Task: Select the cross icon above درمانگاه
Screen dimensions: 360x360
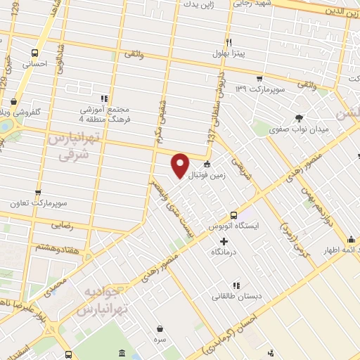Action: point(224,241)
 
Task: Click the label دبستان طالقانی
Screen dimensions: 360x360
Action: point(239,296)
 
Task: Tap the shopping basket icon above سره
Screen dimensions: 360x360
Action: point(161,327)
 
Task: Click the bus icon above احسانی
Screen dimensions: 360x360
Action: point(34,53)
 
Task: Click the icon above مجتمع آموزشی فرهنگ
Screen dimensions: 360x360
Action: point(104,98)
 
